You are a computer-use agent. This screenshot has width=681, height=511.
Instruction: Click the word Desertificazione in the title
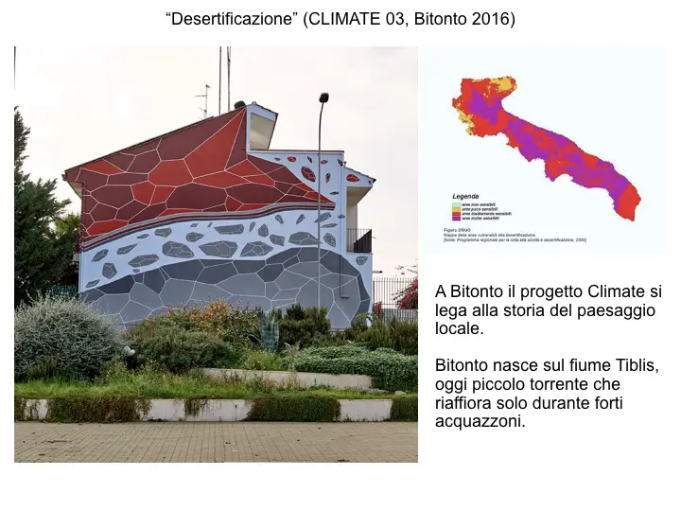click(x=230, y=19)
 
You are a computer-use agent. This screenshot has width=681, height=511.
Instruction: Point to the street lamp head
click(x=323, y=97)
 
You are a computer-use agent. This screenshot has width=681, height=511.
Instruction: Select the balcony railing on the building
click(x=358, y=239)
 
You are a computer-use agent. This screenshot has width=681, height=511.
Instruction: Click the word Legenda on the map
click(x=465, y=196)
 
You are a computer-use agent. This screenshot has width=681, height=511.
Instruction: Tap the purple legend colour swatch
click(x=455, y=218)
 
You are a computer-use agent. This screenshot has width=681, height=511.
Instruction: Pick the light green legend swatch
click(x=455, y=203)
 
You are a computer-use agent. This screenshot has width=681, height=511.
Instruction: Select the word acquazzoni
click(x=480, y=421)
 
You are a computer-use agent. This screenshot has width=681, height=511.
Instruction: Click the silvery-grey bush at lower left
click(x=64, y=336)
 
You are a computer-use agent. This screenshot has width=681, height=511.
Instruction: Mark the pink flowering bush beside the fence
click(x=409, y=294)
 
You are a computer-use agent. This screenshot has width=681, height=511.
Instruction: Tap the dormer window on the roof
click(x=260, y=125)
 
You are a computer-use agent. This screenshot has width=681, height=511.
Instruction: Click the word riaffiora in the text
click(x=465, y=402)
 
